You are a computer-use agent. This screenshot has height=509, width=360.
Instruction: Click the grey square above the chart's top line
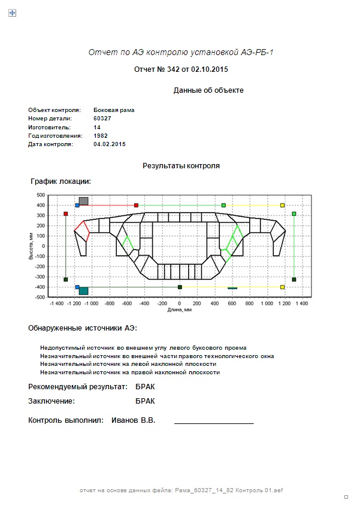click(83, 201)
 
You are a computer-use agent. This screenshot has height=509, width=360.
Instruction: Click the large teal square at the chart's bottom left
click(83, 291)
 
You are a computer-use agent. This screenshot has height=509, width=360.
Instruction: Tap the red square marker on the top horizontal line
click(136, 205)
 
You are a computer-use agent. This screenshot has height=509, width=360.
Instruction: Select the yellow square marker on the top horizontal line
click(283, 205)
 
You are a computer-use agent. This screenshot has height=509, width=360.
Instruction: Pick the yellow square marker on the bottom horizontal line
click(283, 287)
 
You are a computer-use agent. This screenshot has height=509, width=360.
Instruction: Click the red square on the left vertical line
click(66, 214)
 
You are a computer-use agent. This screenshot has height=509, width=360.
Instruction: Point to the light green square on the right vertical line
click(294, 214)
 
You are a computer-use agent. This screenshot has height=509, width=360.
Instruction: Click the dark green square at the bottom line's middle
click(180, 287)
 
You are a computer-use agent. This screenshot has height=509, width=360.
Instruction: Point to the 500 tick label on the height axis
click(41, 195)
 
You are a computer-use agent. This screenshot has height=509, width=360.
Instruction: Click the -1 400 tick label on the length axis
click(56, 304)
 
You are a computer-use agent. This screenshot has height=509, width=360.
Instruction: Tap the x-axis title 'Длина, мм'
click(180, 310)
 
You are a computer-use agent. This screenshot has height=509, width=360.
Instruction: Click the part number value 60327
click(102, 119)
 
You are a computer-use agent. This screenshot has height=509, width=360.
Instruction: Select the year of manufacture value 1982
click(101, 136)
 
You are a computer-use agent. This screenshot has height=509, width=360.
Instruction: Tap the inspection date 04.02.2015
click(110, 144)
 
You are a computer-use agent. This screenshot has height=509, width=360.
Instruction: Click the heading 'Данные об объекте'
click(208, 90)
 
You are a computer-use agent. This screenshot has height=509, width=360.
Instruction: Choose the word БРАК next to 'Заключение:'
click(145, 401)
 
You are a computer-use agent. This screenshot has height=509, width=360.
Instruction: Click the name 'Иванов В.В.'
click(134, 420)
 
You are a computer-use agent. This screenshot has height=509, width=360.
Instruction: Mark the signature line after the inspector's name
click(214, 423)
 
